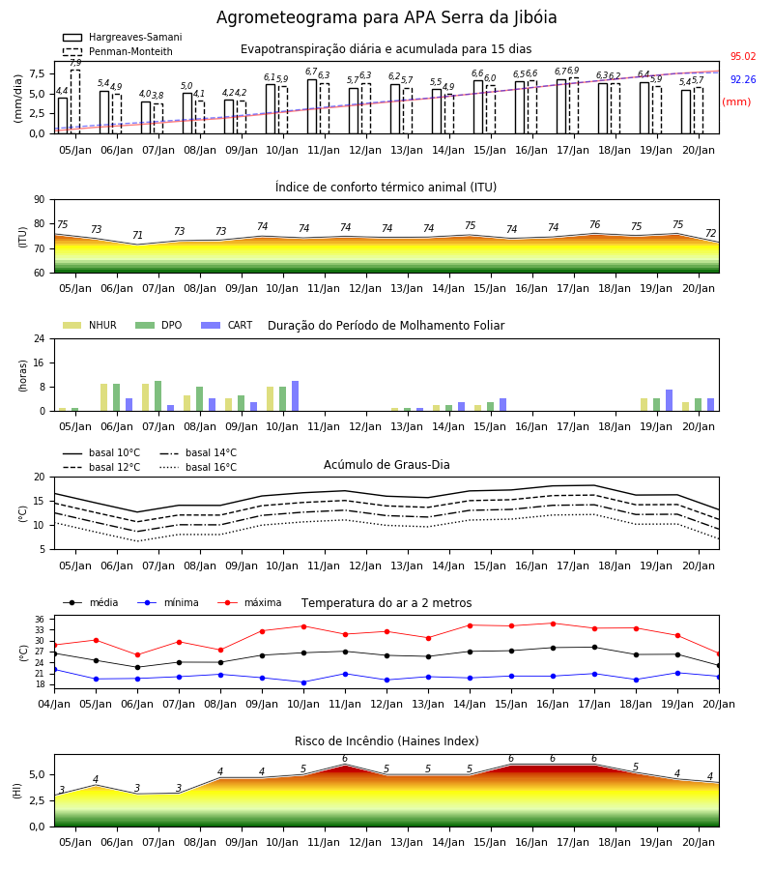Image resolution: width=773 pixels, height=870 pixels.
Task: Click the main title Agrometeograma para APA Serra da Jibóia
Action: coord(386,17)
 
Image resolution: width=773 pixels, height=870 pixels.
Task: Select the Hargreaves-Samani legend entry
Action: coord(122,37)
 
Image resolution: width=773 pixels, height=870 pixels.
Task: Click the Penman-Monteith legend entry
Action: coord(118,51)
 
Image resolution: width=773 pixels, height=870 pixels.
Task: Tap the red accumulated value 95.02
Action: coord(743,56)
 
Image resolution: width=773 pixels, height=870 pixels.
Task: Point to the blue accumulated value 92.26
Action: coord(743,79)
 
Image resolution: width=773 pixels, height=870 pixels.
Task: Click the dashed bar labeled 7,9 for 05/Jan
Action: coord(75,101)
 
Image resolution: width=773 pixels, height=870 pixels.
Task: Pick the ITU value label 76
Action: coord(595,224)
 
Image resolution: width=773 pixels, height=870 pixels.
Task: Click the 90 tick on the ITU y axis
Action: coord(40,199)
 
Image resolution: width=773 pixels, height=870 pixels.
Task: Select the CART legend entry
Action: coord(227,325)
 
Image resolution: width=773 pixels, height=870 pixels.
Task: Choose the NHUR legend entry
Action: coord(90,325)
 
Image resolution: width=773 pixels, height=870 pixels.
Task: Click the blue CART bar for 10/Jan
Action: coord(295,396)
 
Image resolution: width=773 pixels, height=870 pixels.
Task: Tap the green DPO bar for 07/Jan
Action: coord(158,396)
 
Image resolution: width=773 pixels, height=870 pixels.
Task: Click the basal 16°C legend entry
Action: coord(198,467)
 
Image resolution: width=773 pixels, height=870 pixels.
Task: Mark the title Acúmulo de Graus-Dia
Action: coord(386,464)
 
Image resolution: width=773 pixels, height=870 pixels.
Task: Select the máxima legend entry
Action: coord(249,602)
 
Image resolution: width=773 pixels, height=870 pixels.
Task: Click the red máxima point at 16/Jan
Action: coord(553,623)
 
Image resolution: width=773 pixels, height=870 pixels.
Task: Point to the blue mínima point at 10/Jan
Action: coord(303,682)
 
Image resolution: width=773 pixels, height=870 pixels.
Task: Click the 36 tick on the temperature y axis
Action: coord(40,620)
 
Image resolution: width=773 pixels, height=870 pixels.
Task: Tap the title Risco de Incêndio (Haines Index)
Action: coord(386,740)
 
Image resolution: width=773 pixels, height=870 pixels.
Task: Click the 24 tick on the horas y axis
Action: coord(40,338)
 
